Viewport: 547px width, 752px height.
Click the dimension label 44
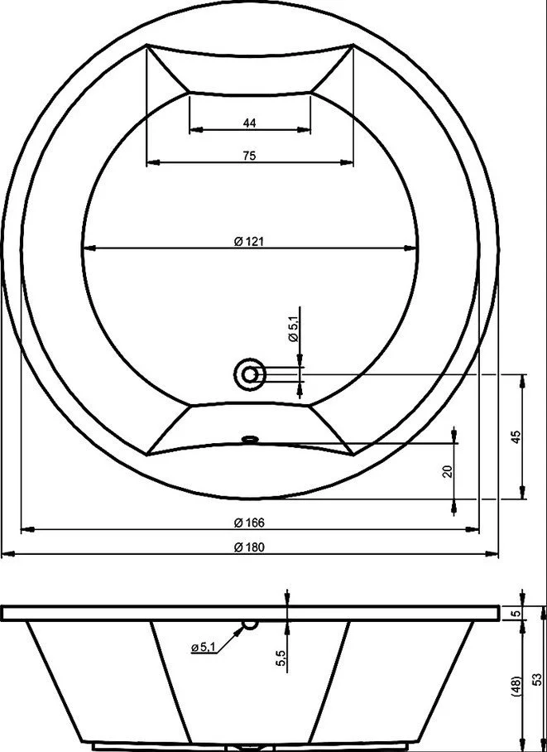pyautogui.click(x=249, y=123)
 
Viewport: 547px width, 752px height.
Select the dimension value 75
pyautogui.click(x=249, y=156)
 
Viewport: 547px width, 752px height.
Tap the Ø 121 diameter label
pyautogui.click(x=249, y=241)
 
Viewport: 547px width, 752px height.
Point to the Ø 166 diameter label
pyautogui.click(x=249, y=523)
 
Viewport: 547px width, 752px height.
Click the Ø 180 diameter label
pyautogui.click(x=249, y=547)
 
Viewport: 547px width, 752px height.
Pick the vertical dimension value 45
pyautogui.click(x=516, y=437)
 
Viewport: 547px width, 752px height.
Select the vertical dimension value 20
pyautogui.click(x=449, y=472)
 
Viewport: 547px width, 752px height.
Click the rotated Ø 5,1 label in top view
pyautogui.click(x=294, y=330)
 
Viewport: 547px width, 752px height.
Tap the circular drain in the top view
pyautogui.click(x=249, y=374)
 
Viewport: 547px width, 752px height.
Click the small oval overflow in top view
pyautogui.click(x=249, y=438)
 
